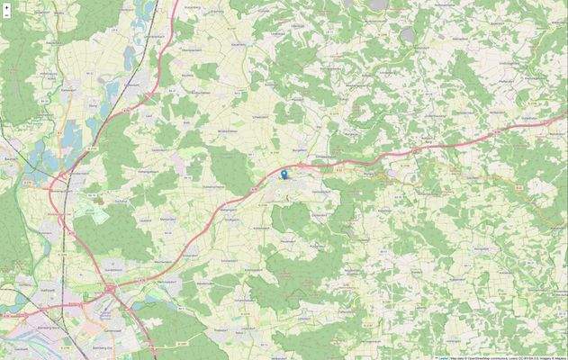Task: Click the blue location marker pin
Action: [x=284, y=175]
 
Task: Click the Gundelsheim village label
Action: [x=114, y=269]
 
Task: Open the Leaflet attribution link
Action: [x=443, y=356]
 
